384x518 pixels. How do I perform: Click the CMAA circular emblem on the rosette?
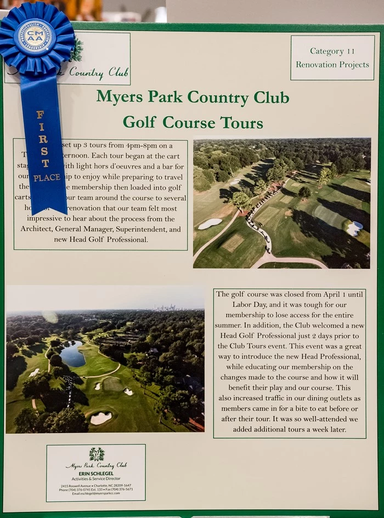35,37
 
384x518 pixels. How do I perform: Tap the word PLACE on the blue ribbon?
47,178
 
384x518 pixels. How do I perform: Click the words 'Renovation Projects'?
332,65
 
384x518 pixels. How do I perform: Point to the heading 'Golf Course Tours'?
193,122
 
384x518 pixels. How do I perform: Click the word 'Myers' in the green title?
118,97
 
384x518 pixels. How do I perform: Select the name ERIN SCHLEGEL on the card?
95,474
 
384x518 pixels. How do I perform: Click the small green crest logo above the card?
97,454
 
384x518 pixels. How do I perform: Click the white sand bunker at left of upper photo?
210,224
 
